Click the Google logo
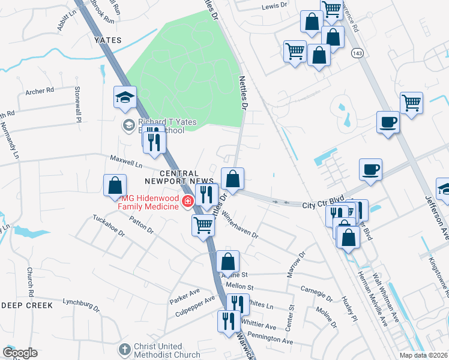[x=20, y=353]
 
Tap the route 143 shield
[x=358, y=53]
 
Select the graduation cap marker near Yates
[x=125, y=98]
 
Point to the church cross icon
[x=124, y=349]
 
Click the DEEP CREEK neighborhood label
[x=27, y=305]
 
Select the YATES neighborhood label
[x=108, y=40]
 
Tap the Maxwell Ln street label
[x=126, y=161]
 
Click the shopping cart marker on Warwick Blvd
[x=203, y=226]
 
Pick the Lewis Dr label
[x=275, y=7]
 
